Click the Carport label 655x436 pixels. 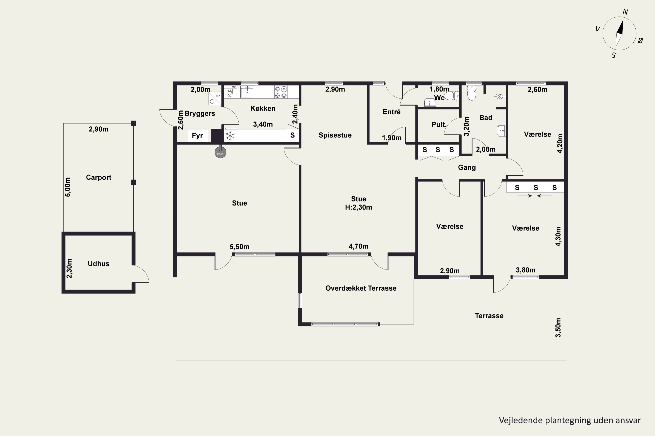(99, 177)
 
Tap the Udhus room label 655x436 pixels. (99, 264)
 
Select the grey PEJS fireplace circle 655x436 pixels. (220, 152)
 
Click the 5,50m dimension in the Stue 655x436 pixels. (240, 247)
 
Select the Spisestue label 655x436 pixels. (335, 135)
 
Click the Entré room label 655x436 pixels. (391, 112)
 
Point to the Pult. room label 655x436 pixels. (439, 124)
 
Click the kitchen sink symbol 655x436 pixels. (247, 92)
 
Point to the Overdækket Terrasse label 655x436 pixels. (361, 288)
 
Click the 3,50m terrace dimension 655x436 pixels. (558, 328)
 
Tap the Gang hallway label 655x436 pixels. (467, 168)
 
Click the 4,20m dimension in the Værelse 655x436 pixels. (560, 143)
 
